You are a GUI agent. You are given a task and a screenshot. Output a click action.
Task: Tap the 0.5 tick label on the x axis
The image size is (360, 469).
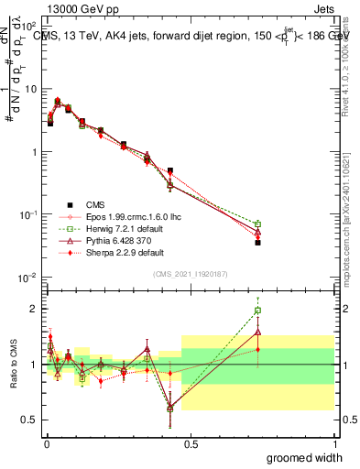(191, 443)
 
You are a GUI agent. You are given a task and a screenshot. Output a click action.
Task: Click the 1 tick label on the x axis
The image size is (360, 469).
(333, 443)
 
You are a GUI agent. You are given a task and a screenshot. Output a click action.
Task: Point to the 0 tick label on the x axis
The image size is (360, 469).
(47, 443)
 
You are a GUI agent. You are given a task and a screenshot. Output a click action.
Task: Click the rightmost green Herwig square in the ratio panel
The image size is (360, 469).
(257, 311)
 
